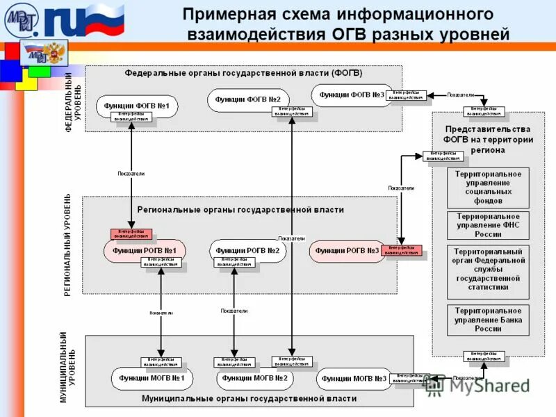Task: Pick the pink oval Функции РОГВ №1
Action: click(x=145, y=251)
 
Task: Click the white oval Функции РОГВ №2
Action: click(x=247, y=251)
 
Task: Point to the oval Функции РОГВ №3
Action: click(x=346, y=251)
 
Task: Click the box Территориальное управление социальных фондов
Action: click(x=488, y=187)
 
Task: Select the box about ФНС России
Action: click(x=488, y=225)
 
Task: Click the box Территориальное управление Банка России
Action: click(x=488, y=320)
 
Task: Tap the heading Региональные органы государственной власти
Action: click(x=240, y=208)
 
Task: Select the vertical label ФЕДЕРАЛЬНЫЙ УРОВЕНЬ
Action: click(x=72, y=101)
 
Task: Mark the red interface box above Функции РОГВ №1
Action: click(x=131, y=234)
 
